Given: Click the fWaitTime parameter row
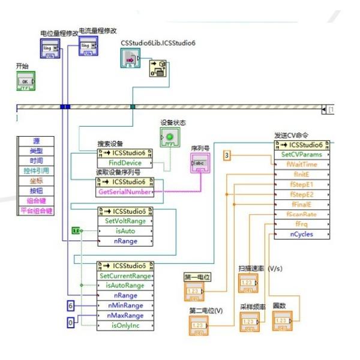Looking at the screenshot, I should (x=301, y=164).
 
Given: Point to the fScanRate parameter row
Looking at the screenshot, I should (x=301, y=214).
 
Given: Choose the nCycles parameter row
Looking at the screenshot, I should (x=301, y=234).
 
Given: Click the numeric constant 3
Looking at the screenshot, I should (x=227, y=155).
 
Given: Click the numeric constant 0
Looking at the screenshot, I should (x=71, y=323).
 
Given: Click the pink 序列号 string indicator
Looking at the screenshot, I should (x=199, y=163).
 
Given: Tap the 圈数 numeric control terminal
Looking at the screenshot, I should (x=281, y=322).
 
